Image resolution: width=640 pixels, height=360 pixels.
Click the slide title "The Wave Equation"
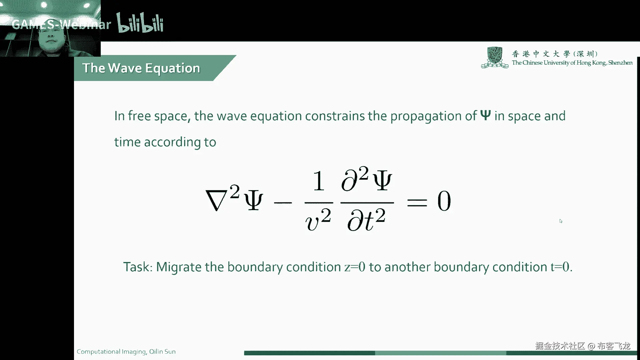click(141, 68)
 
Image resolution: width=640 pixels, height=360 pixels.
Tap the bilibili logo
click(140, 23)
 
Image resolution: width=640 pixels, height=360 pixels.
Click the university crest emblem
click(495, 57)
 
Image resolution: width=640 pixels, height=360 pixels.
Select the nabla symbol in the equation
click(217, 201)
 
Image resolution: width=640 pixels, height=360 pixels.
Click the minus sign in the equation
click(283, 202)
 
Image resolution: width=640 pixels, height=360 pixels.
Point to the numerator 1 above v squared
click(319, 181)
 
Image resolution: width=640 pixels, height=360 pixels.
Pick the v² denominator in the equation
click(318, 220)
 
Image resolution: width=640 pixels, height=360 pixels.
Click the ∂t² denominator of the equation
click(366, 220)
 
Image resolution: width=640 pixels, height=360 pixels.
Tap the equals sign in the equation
click(417, 202)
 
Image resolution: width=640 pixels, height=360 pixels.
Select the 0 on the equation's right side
click(444, 201)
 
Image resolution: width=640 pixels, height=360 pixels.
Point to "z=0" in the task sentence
click(355, 267)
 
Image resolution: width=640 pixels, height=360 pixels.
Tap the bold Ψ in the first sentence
click(486, 115)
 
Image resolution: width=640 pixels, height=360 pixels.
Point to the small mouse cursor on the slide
click(561, 221)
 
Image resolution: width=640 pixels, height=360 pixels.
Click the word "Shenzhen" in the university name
click(620, 63)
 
